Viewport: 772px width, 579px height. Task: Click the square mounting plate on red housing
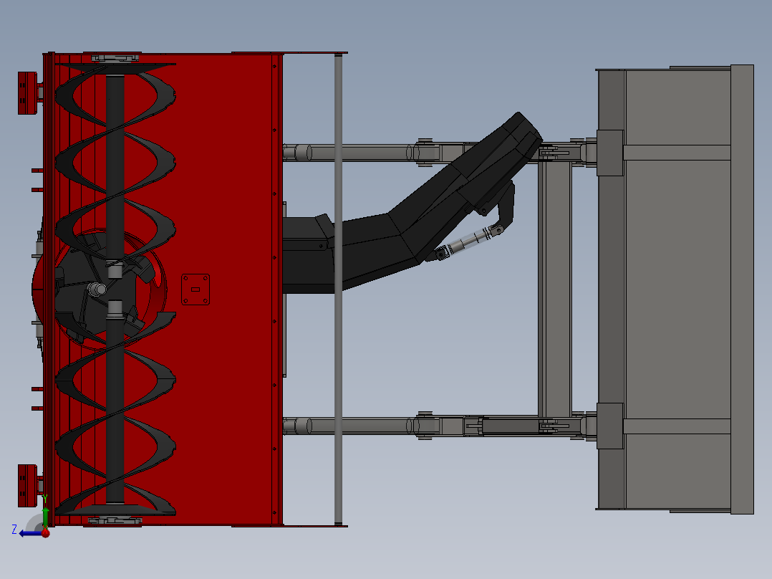click(x=196, y=289)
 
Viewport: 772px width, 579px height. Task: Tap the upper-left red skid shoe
click(x=27, y=92)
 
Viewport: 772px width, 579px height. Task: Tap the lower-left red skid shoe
click(x=27, y=485)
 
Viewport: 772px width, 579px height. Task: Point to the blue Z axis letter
click(x=14, y=530)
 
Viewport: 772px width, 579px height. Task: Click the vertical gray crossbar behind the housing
click(x=338, y=287)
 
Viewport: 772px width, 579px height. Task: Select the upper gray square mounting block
click(x=609, y=153)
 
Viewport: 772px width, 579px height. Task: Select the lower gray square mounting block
click(x=609, y=426)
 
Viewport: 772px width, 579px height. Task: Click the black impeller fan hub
click(x=97, y=289)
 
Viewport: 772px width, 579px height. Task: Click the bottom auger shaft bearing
click(x=115, y=519)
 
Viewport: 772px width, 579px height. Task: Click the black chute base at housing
click(x=308, y=255)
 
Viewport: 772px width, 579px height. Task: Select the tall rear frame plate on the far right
click(x=742, y=289)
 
